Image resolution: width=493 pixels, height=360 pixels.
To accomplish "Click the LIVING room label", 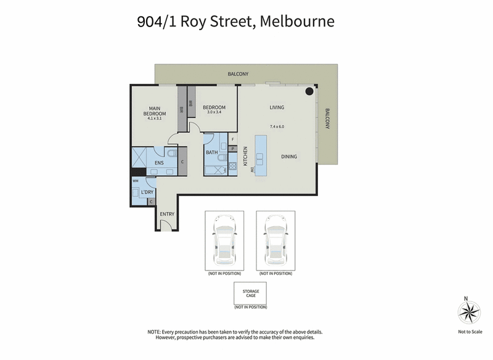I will [x=277, y=107].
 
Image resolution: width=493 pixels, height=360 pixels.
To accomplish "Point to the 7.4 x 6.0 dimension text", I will [x=277, y=126].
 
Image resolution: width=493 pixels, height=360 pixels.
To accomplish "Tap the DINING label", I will [x=289, y=157].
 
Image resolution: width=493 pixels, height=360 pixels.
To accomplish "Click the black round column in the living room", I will [x=308, y=92].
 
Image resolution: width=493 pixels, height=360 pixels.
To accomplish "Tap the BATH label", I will [x=211, y=152].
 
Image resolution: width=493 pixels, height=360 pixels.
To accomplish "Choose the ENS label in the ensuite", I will [x=159, y=163].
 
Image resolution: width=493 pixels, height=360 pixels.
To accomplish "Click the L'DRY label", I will [x=147, y=192].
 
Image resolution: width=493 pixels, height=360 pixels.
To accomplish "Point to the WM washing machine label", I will [x=136, y=181].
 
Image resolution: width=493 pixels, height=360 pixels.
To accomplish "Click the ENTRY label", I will [x=167, y=214].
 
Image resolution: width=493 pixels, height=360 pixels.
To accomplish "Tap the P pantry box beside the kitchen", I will [x=233, y=149].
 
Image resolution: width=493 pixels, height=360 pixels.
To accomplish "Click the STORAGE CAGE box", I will [x=250, y=293].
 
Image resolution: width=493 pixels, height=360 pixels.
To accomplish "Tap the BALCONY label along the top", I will [x=238, y=74].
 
